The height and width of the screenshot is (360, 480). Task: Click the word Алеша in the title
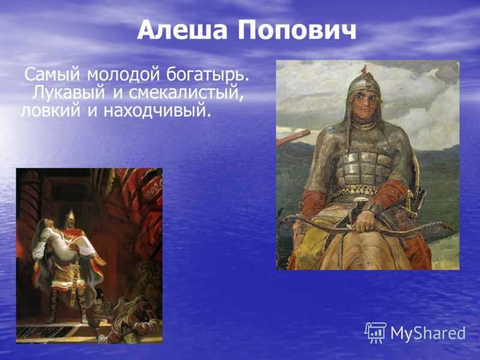coord(182,30)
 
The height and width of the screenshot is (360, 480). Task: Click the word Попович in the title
coord(296,30)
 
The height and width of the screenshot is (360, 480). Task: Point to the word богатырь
coord(208,74)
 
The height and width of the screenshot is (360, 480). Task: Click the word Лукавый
coord(68,92)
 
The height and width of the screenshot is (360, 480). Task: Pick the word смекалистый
coord(186,92)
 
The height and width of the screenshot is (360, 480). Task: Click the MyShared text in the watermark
coord(428,333)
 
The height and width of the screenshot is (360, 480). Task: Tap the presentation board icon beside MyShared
coord(376,333)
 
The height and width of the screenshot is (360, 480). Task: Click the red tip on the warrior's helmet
coord(364,70)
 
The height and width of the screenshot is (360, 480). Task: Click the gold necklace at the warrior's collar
coord(364,125)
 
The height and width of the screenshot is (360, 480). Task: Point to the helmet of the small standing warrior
coord(70,215)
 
